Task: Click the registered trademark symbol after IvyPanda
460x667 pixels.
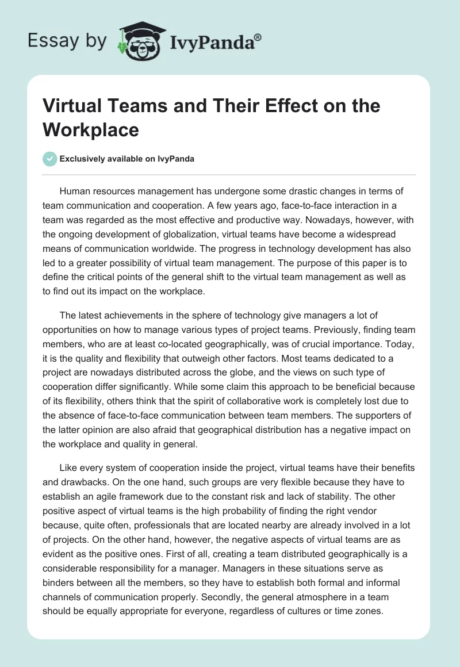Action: pyautogui.click(x=258, y=38)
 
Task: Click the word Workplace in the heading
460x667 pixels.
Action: pyautogui.click(x=91, y=130)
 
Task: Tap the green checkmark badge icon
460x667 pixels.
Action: pyautogui.click(x=50, y=159)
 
